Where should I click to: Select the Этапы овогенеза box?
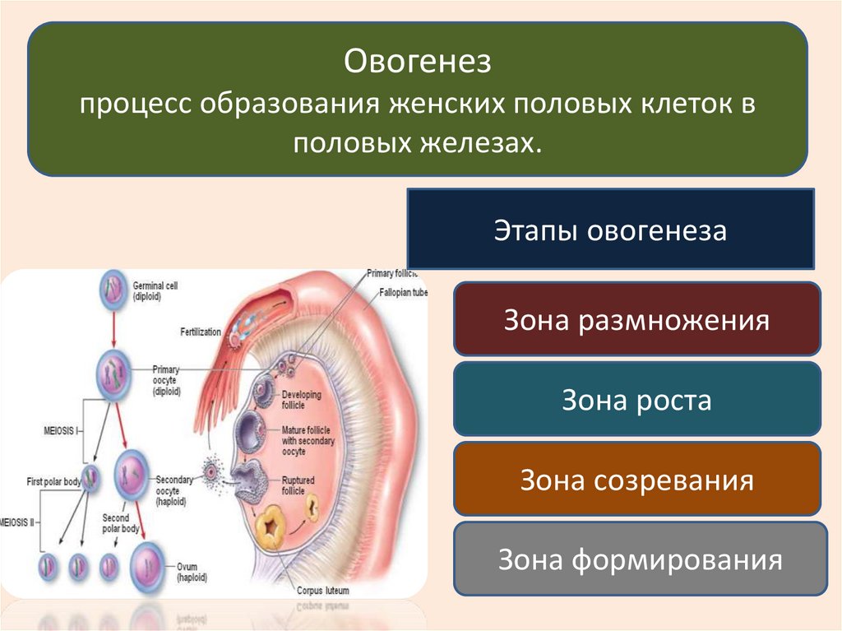point(610,230)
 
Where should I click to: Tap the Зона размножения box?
point(636,320)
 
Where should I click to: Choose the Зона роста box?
point(636,401)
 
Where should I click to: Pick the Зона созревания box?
point(636,480)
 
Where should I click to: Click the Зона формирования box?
point(639,561)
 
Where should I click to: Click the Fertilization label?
point(201,332)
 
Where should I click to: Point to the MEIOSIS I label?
point(60,429)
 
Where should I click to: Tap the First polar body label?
point(53,482)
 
